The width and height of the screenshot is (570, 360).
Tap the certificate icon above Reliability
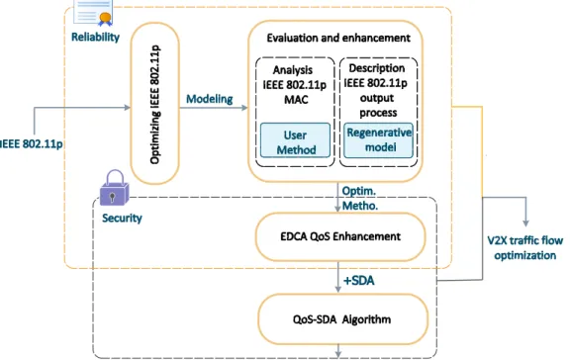coord(93,13)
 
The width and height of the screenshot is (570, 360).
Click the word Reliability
coord(95,37)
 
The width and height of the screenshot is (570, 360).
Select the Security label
coord(122,218)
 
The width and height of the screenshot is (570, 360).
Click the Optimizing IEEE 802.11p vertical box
coord(154,104)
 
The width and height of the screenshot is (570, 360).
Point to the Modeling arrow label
coord(210,99)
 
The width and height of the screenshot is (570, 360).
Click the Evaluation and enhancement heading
coord(338,38)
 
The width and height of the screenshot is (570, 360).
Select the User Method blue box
coord(295,140)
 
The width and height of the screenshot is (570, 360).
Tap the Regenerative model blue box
coord(378,140)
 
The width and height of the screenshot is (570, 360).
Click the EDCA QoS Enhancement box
coord(340,236)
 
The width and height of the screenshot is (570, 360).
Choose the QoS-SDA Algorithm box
coord(342,319)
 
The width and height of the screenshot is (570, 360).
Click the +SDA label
coord(359,281)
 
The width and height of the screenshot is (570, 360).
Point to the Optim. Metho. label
coord(360,199)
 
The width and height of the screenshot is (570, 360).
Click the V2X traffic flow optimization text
coord(525,248)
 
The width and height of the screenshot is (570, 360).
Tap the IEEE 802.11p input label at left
coord(32,143)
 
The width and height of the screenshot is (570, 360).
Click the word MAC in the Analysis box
coord(296,99)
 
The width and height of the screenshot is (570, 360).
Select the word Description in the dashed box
coord(377,68)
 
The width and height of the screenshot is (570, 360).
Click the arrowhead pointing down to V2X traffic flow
coord(525,223)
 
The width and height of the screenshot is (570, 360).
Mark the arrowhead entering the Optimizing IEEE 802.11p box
coord(127,107)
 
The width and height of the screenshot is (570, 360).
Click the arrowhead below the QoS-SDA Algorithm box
coord(338,352)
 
